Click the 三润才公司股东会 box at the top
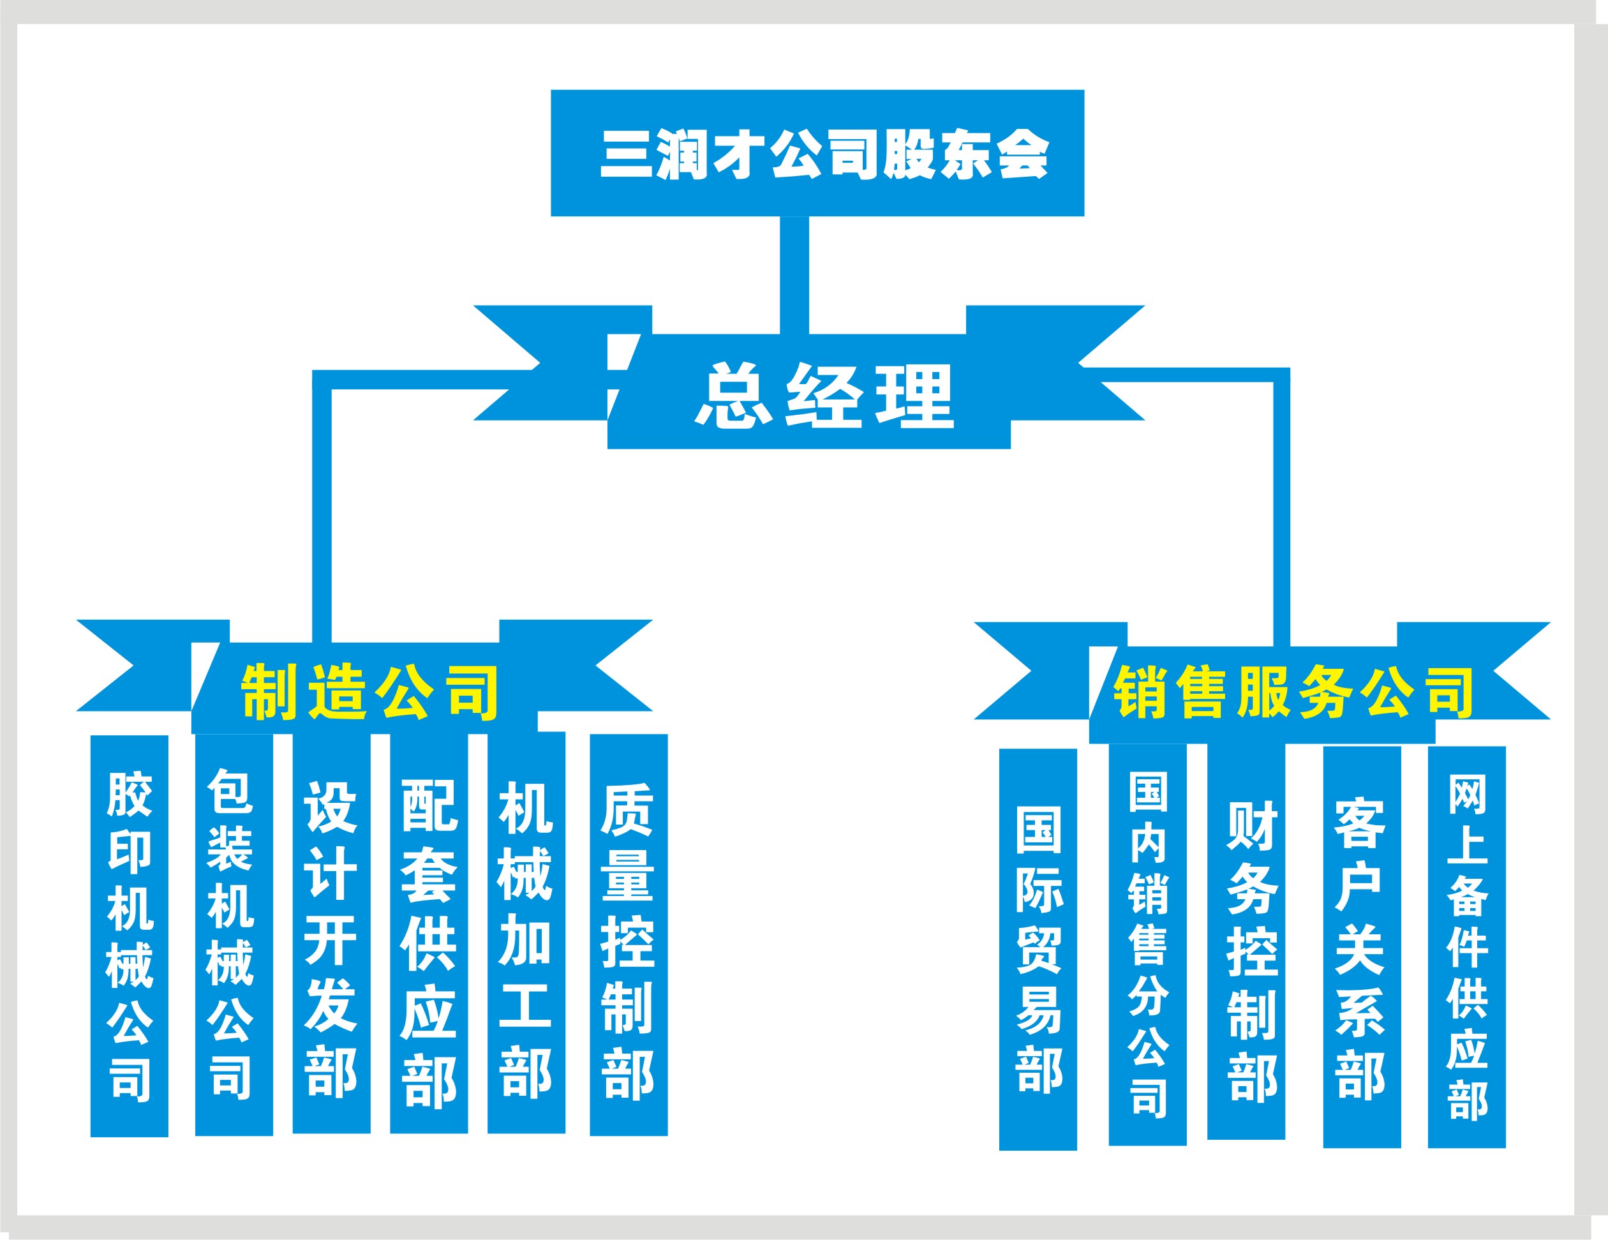pos(817,153)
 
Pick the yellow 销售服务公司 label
pos(1293,692)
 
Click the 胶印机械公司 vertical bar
pos(130,935)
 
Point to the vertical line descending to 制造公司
pos(322,516)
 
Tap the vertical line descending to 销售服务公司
pos(1282,516)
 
